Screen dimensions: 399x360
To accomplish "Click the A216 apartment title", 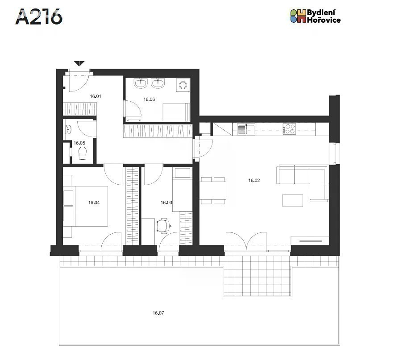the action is [x=39, y=17].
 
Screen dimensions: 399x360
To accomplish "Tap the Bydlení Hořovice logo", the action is [x=316, y=16].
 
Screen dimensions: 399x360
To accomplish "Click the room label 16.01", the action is [x=96, y=96].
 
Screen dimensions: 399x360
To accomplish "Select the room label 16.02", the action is [x=254, y=180].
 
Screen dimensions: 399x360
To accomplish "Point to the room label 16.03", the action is [x=166, y=203].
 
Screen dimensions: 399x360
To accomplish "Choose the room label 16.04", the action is [x=94, y=203].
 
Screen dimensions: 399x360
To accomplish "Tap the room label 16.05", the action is [x=79, y=143].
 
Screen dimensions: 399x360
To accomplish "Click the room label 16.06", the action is [x=149, y=99].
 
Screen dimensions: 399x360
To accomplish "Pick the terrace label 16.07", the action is [x=158, y=313].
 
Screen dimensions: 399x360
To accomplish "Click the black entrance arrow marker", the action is [x=79, y=63].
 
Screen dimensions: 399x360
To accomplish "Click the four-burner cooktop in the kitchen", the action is [x=289, y=129].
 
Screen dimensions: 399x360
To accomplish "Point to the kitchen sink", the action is [x=246, y=129].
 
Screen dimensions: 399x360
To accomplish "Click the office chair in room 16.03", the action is [x=163, y=226].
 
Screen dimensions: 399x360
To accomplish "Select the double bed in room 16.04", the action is [x=91, y=206].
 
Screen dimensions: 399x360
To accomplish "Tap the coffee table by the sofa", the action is [x=293, y=200].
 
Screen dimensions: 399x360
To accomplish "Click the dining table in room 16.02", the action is [x=213, y=190].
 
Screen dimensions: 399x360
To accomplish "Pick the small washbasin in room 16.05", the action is [x=68, y=129].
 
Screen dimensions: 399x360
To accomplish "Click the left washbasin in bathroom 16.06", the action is [x=141, y=83].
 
